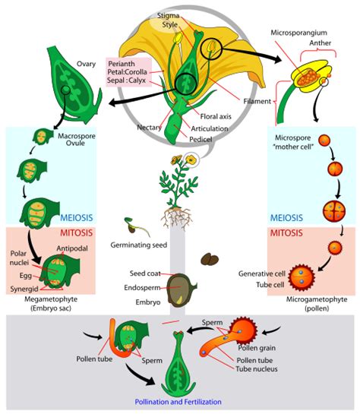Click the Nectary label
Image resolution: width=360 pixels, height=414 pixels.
(x=150, y=127)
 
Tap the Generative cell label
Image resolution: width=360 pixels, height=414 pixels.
(x=263, y=273)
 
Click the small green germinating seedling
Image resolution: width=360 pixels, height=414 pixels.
(x=131, y=226)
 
